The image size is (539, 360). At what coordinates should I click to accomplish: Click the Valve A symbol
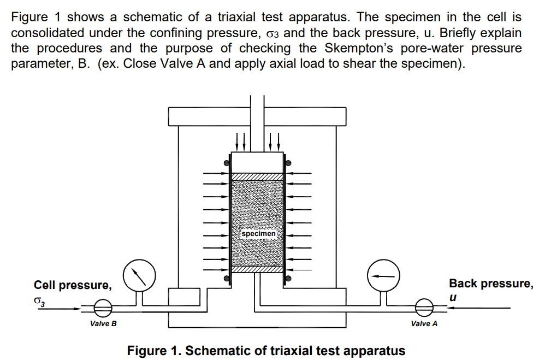[424, 308]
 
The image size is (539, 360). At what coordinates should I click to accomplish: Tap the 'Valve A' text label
[424, 323]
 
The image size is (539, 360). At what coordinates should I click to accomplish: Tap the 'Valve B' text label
[103, 324]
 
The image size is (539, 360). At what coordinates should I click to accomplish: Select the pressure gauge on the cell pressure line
[139, 276]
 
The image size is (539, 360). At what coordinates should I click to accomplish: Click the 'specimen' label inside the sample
[258, 233]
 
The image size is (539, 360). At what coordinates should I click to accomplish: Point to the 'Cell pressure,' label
[73, 285]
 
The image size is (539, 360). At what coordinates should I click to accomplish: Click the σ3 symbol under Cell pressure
[38, 300]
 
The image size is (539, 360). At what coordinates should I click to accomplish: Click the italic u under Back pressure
[453, 298]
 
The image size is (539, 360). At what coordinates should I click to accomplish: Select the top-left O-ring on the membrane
[226, 163]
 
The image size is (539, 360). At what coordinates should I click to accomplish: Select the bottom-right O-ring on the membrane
[289, 279]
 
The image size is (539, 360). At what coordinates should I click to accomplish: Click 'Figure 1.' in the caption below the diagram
[154, 350]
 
